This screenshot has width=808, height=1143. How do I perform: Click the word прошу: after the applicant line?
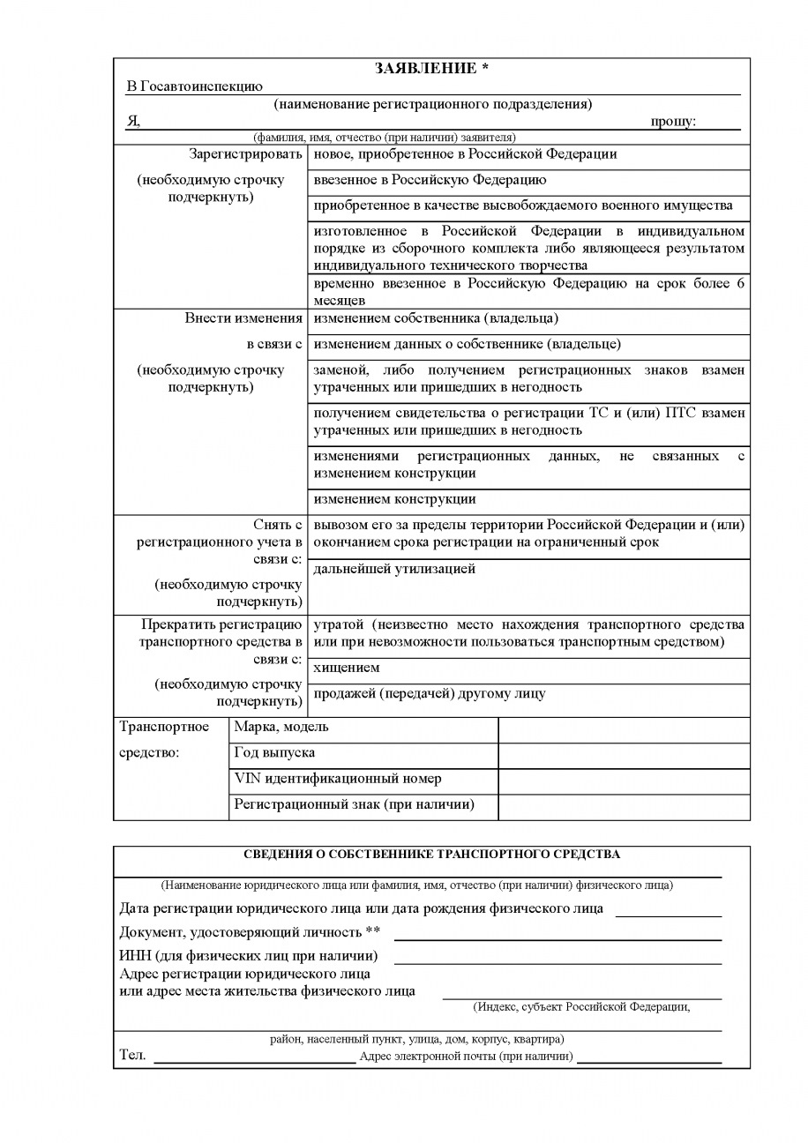pos(673,122)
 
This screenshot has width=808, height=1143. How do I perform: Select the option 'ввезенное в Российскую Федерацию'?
pos(430,180)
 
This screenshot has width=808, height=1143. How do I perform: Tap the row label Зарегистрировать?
pos(245,154)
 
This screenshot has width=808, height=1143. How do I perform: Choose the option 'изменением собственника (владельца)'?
pos(436,318)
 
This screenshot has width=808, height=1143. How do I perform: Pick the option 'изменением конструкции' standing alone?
pos(394,499)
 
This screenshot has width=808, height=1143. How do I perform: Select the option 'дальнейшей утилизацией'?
pos(394,569)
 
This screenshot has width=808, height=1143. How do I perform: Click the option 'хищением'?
pos(347,668)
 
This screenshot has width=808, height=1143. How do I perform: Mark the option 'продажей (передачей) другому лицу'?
pos(430,693)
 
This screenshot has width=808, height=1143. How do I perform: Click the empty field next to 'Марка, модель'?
pos(624,729)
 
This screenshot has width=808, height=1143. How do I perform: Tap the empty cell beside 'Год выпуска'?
pos(624,755)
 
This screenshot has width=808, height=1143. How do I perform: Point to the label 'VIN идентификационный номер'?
pos(338,779)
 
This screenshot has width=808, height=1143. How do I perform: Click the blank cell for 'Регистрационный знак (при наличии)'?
pos(624,806)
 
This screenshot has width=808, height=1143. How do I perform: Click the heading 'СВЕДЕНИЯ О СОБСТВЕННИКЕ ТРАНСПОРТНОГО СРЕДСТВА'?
pos(431,854)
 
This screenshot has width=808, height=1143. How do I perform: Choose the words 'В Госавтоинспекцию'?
pos(195,86)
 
